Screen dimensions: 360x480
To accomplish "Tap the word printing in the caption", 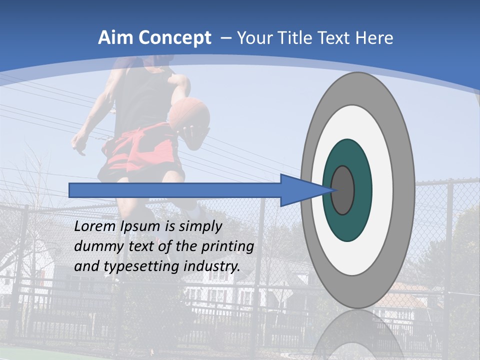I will tap(227, 246).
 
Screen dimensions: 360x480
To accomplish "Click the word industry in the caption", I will tap(211, 266).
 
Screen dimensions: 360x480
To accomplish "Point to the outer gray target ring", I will tap(405, 190).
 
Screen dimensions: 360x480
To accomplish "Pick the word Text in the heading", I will tap(335, 38).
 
